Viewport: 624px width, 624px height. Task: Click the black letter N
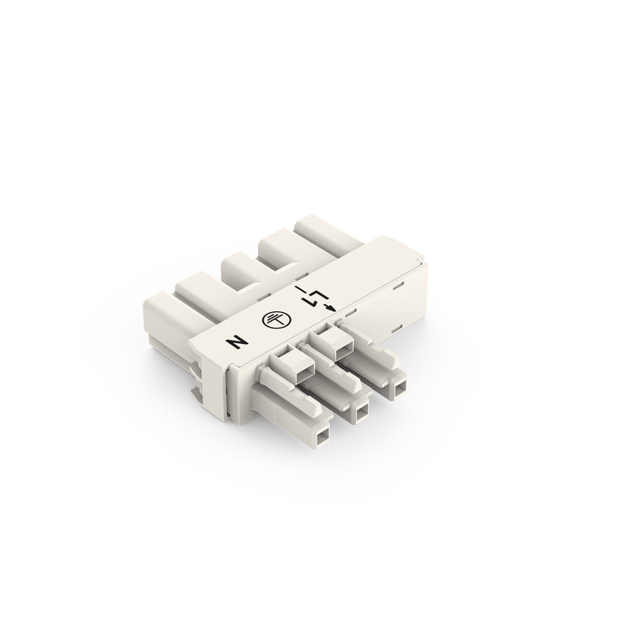coord(237,342)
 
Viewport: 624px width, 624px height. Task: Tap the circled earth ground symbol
coord(276,319)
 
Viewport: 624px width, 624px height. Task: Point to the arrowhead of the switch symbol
coord(331,307)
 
